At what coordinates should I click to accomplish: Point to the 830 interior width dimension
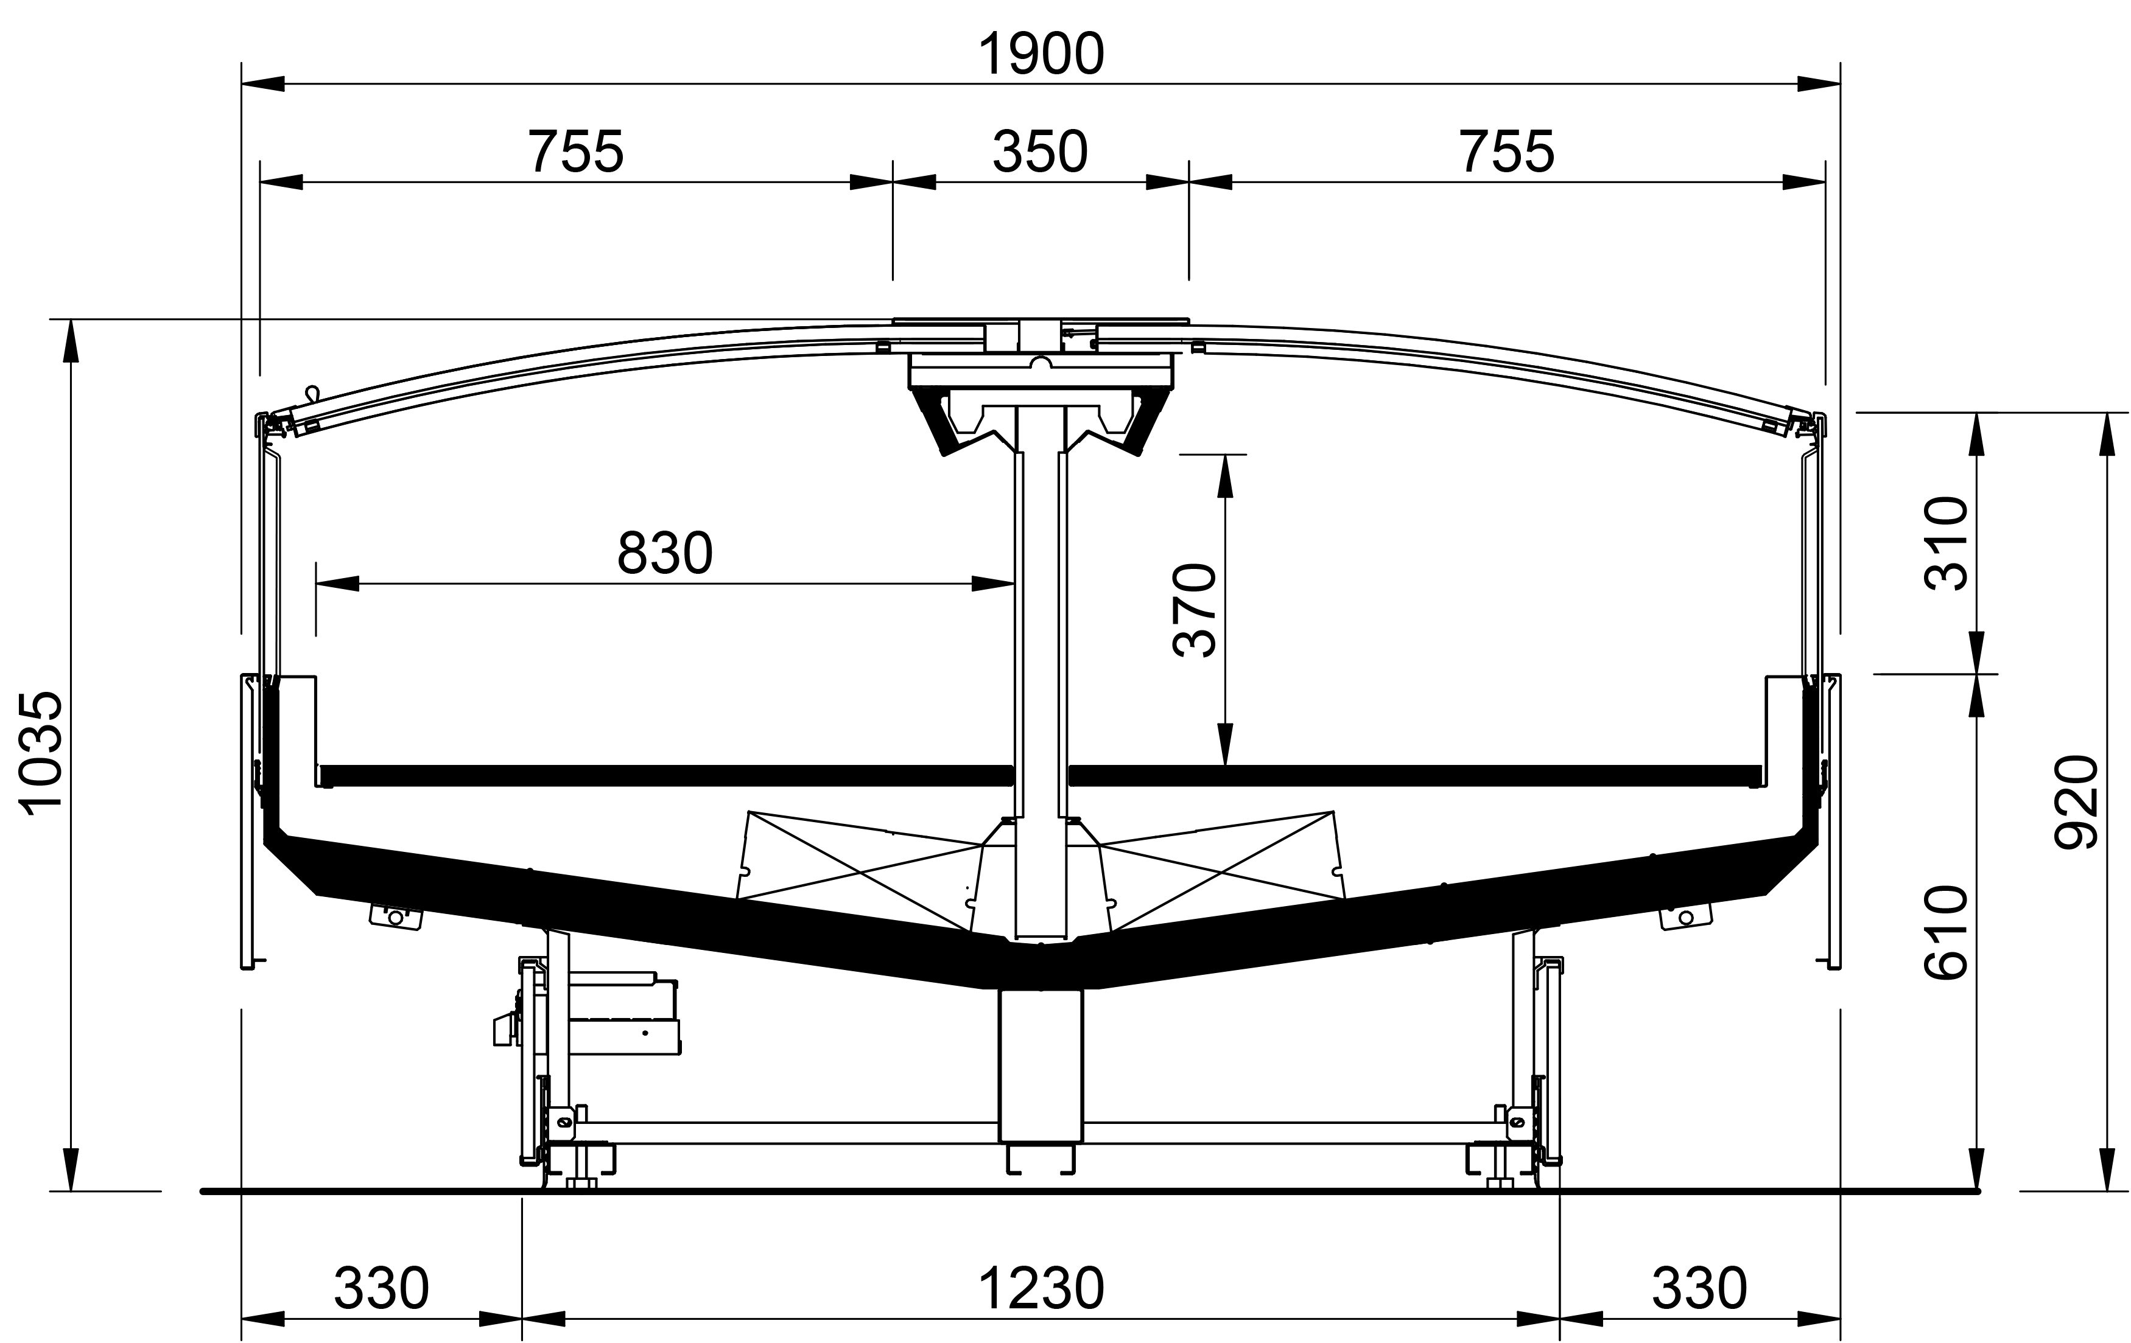665,554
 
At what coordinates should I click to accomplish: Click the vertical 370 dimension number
1194,610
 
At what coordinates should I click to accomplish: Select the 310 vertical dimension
1946,543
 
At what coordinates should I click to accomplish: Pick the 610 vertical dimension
1946,932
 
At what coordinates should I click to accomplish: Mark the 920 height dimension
2075,801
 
